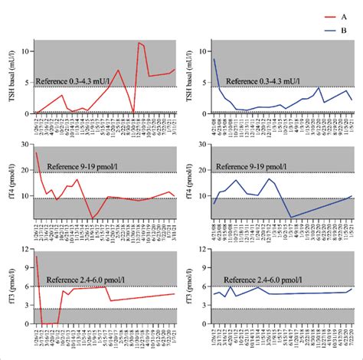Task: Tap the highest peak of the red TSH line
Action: click(139, 43)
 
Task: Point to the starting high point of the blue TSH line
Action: click(214, 59)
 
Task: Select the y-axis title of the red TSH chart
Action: click(12, 76)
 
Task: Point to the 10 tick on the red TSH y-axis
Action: click(28, 51)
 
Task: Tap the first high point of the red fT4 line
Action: click(36, 152)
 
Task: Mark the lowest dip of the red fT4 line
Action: click(93, 218)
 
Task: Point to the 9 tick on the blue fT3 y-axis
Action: click(205, 268)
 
